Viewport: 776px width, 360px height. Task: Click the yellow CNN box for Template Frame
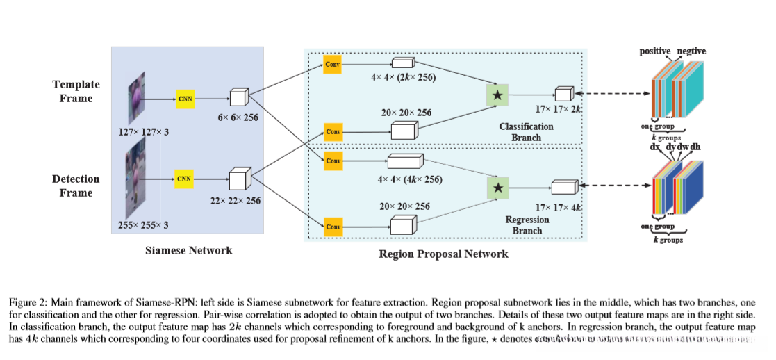185,99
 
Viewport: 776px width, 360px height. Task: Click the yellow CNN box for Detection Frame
184,179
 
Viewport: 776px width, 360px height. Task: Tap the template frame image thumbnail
136,95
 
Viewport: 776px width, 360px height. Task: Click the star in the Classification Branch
498,94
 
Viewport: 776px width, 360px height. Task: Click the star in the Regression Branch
497,188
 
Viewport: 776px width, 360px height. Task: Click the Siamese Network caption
188,250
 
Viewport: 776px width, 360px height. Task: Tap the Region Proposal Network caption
443,254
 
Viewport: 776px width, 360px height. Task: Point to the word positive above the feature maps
654,51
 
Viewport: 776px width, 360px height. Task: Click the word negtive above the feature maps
691,51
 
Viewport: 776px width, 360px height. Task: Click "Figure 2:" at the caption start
27,303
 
